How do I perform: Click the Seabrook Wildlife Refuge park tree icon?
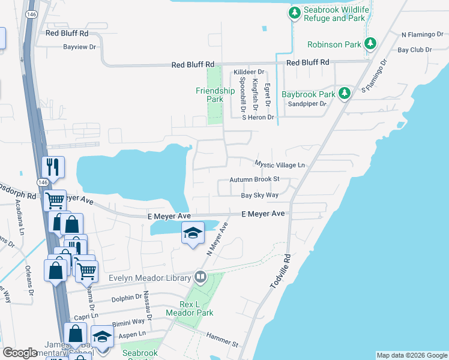point(295,13)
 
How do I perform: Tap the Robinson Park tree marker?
point(370,43)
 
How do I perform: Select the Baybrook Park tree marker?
point(344,93)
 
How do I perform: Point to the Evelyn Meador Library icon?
point(200,277)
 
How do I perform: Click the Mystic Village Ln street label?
point(280,164)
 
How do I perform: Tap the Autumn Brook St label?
point(255,179)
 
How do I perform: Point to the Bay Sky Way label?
point(260,195)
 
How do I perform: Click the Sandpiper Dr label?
point(307,103)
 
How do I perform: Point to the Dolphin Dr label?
point(126,297)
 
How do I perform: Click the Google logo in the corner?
point(20,353)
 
